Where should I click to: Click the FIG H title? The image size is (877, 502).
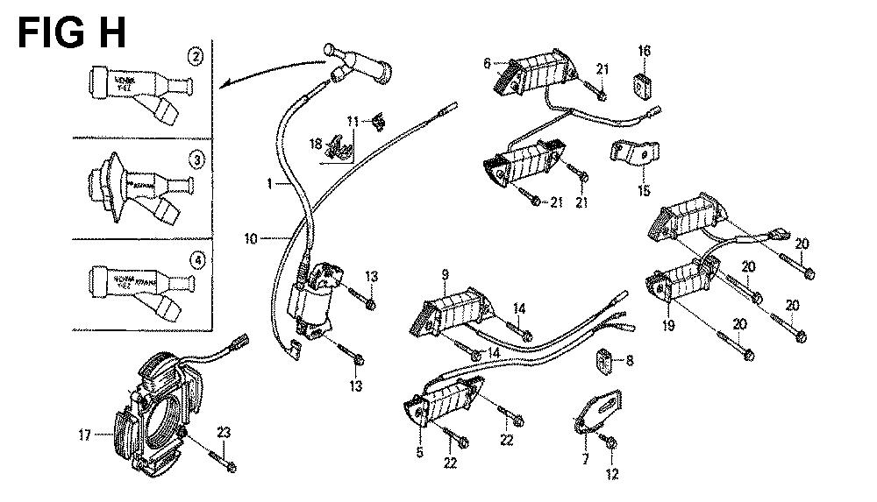coord(73,32)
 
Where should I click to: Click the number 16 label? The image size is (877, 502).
coord(644,52)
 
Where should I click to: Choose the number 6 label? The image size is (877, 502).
coord(487,63)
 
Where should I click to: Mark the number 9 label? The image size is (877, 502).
coord(445,275)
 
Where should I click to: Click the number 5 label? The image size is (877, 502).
coord(419,452)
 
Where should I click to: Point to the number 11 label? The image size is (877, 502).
coord(352,120)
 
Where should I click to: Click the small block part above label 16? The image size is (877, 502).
coord(645,84)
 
